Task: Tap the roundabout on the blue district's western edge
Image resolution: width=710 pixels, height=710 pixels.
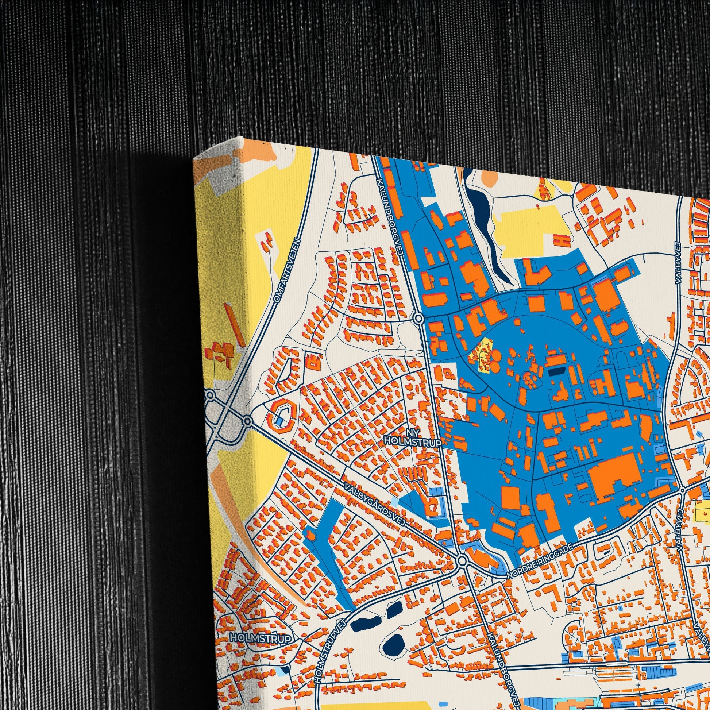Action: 418,318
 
